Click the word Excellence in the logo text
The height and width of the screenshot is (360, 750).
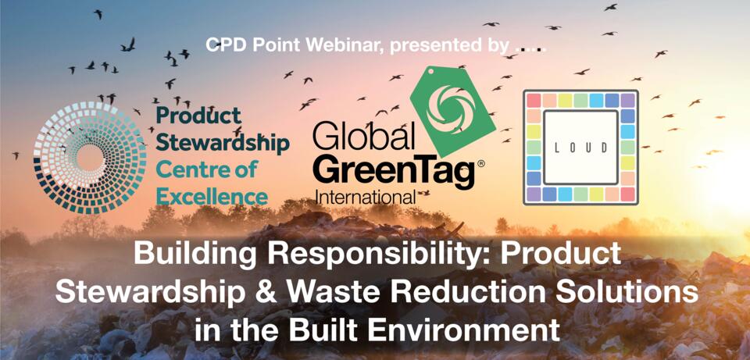[x=212, y=197]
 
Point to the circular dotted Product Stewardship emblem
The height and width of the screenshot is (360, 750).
[x=90, y=158]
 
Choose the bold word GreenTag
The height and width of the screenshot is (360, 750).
[x=394, y=174]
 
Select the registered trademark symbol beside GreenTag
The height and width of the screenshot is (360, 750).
[x=481, y=163]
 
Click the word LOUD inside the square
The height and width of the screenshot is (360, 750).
[x=580, y=148]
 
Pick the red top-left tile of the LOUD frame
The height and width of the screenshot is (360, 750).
[x=534, y=101]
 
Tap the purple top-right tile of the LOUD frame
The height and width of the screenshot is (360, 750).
[x=627, y=101]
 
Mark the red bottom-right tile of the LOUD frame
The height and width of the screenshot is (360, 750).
[x=627, y=194]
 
